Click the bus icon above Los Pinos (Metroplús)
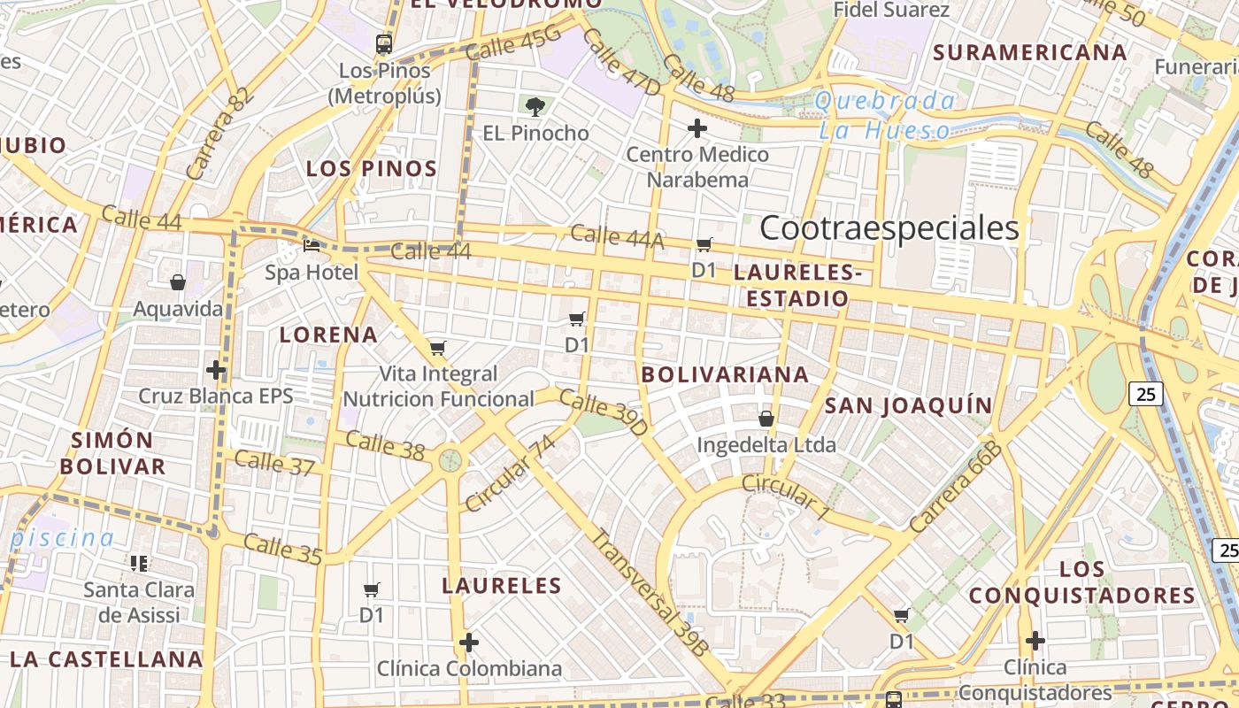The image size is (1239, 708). point(384,44)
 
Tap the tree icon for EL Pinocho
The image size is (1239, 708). point(535,107)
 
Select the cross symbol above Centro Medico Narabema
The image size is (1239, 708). point(697,128)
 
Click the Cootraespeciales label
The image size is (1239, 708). point(889,228)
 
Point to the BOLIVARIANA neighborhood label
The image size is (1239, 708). point(725,374)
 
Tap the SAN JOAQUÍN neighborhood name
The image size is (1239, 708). point(908,405)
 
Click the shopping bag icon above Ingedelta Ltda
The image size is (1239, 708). point(766,418)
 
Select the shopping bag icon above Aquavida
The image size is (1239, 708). point(178,282)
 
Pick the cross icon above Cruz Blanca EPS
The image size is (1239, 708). point(215,369)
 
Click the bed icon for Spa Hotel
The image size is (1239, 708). point(312,245)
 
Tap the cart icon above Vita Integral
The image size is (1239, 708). point(437,348)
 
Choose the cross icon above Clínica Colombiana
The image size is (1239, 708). point(469,642)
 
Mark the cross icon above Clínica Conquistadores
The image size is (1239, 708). point(1035,640)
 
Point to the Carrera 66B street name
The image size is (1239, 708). point(956,486)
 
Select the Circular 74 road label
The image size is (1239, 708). point(509,473)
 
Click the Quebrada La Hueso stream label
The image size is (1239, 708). point(885,115)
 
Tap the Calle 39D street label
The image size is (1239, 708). point(604,412)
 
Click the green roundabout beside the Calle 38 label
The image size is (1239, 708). point(450,460)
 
